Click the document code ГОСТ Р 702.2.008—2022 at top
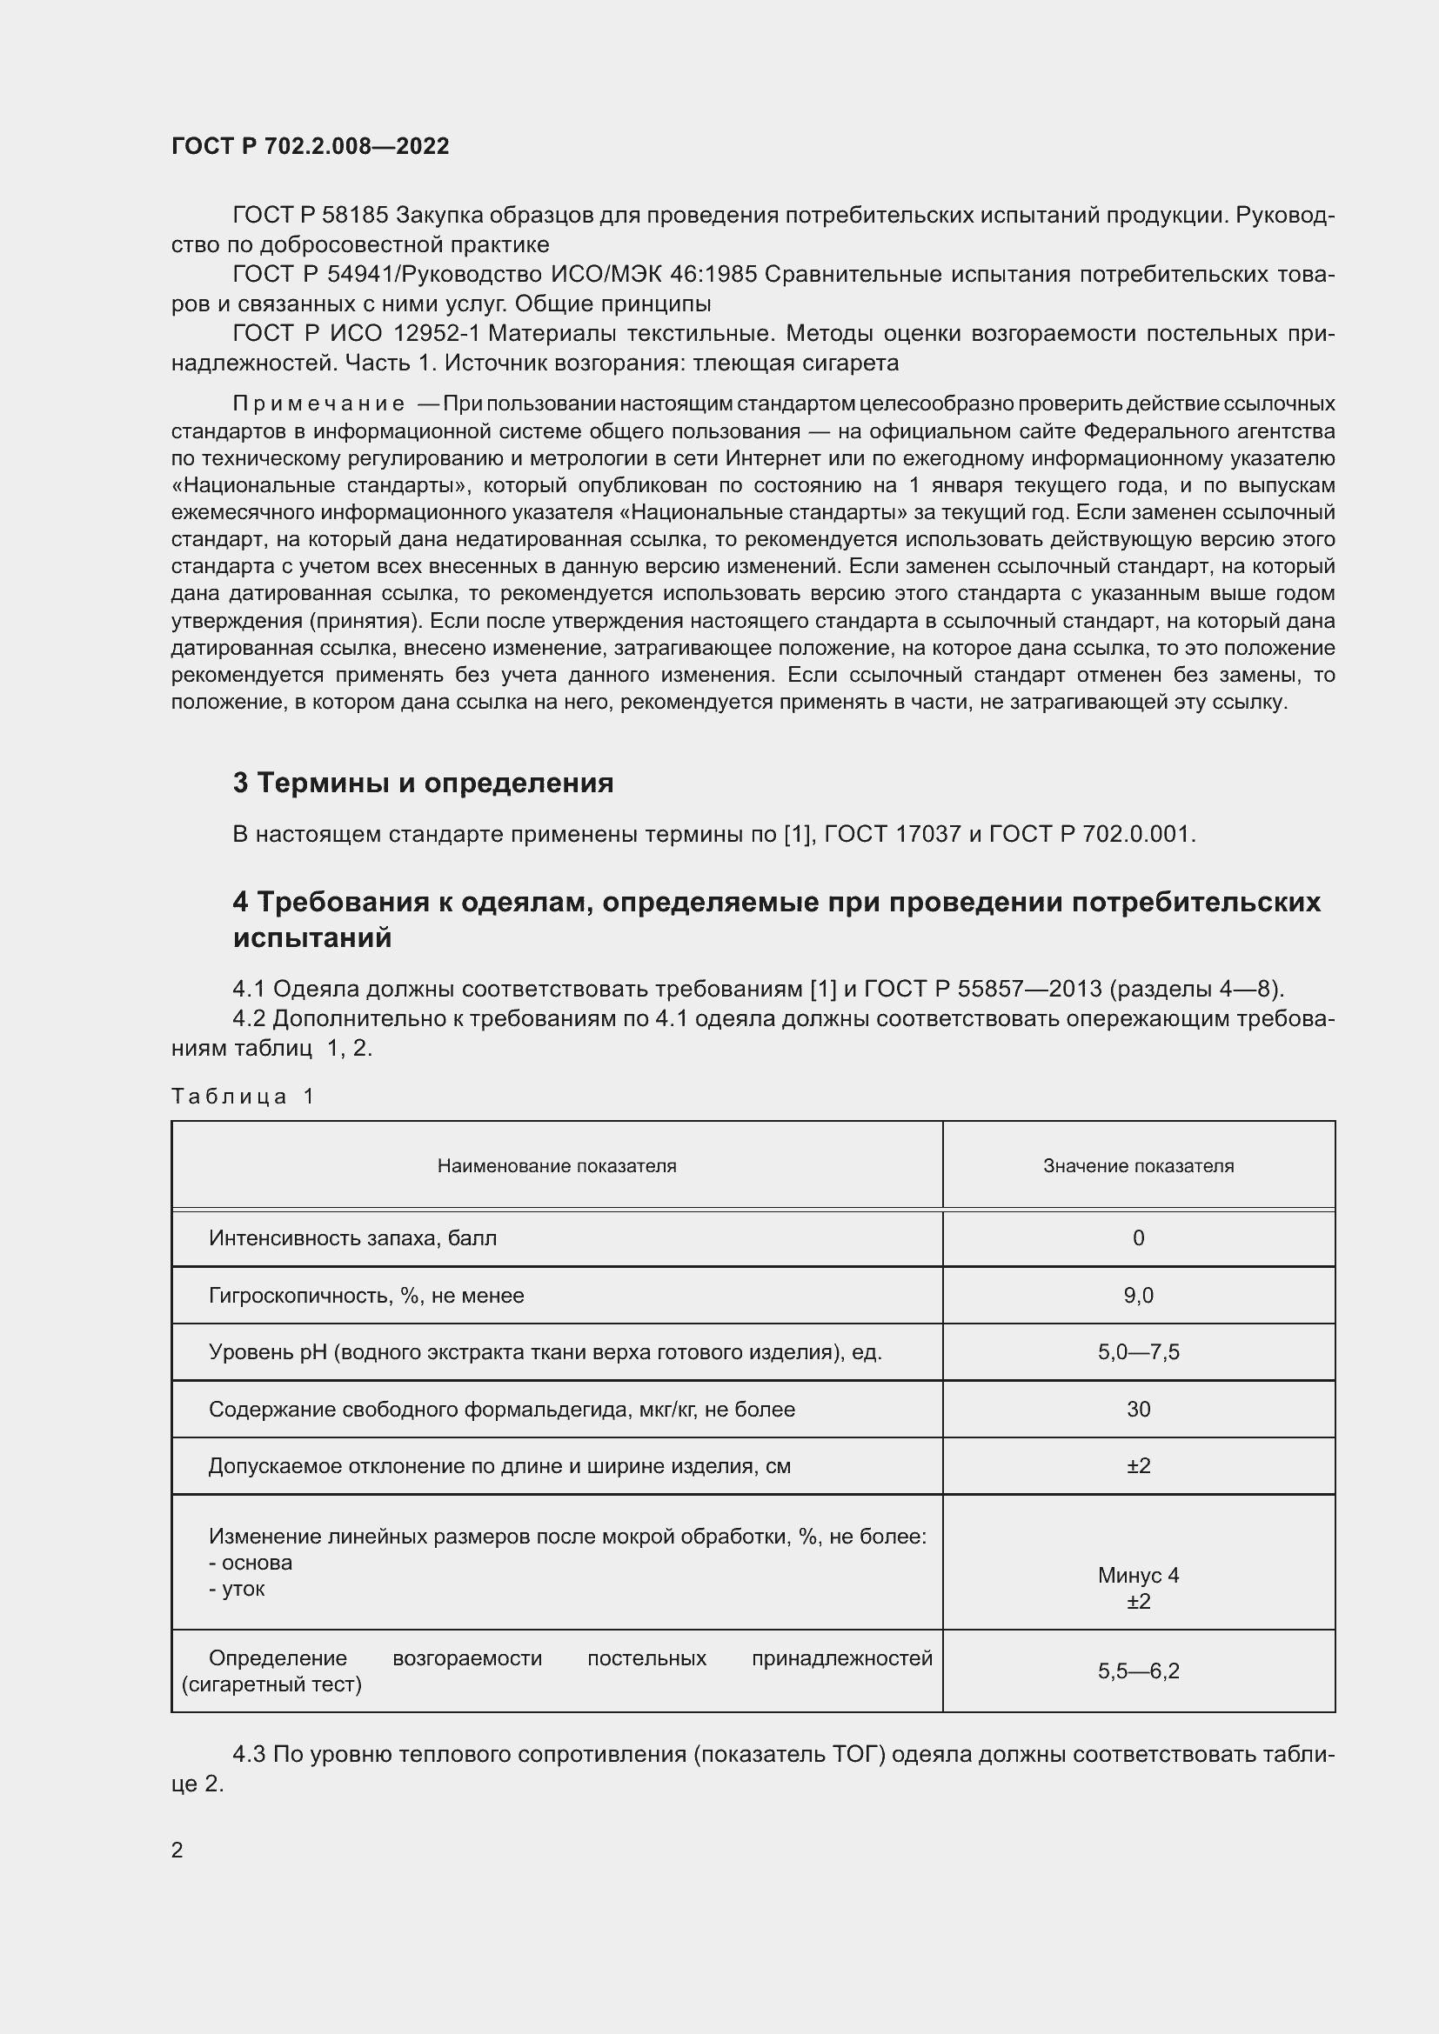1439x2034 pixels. (310, 146)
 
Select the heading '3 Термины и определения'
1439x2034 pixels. (423, 784)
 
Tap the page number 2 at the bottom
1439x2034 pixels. (177, 1850)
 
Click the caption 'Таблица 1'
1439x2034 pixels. (243, 1097)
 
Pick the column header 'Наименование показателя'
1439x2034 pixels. (557, 1166)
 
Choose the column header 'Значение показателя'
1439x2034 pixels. (1138, 1166)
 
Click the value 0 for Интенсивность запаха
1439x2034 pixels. (1138, 1238)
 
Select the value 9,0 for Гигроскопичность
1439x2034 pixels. (1138, 1296)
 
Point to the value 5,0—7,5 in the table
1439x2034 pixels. (1138, 1353)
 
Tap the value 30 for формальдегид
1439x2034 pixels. (1138, 1410)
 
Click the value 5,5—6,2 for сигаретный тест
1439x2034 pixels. (1138, 1671)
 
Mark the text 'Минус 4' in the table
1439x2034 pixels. (1138, 1575)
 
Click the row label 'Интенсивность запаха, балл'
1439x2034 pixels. (352, 1238)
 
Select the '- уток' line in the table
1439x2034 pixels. (237, 1589)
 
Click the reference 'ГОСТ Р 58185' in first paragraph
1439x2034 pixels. (310, 216)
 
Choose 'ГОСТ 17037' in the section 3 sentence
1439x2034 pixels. (894, 835)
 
